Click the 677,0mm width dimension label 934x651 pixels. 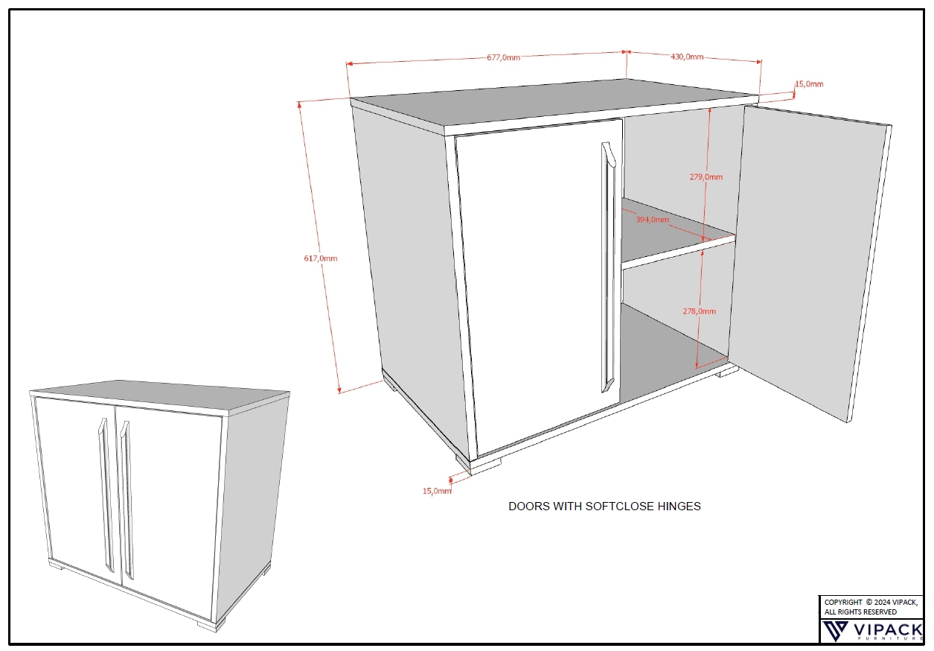tap(503, 57)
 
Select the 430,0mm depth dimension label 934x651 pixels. tap(687, 57)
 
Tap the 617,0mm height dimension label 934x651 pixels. tap(321, 258)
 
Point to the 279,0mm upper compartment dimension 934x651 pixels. tap(706, 177)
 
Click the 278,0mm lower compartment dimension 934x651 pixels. tap(700, 311)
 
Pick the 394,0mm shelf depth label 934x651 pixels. tap(652, 220)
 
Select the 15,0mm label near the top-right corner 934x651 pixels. tap(809, 84)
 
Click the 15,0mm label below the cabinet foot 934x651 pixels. tap(437, 491)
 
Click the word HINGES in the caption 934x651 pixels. tap(679, 506)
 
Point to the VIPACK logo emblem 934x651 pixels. tap(835, 631)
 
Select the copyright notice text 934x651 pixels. tap(871, 607)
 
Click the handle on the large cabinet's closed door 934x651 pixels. tap(608, 267)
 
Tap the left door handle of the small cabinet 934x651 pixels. tap(106, 495)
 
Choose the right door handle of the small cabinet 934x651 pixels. tap(127, 501)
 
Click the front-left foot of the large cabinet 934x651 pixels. tap(478, 466)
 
